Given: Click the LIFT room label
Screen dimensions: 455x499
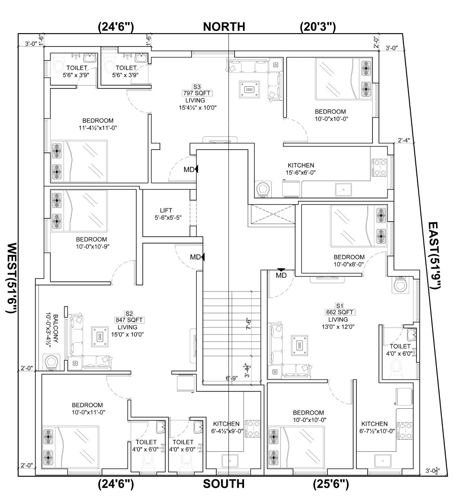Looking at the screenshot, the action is [166, 210].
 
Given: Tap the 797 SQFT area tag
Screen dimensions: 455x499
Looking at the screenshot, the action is [197, 93].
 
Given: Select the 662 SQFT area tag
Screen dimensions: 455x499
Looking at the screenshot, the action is [339, 312].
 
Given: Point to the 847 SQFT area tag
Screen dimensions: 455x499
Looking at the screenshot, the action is [129, 320].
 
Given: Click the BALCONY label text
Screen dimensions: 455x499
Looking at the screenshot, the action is [56, 329].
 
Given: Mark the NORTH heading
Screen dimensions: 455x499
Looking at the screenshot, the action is [224, 27].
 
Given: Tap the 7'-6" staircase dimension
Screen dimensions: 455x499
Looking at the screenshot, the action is [248, 324].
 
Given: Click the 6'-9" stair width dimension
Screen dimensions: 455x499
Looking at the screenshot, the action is [232, 378].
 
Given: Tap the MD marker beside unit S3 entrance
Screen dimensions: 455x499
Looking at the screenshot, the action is [189, 170].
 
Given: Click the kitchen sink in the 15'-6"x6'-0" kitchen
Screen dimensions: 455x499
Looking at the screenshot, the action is [343, 190].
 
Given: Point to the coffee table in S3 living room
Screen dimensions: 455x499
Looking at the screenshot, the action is [250, 89].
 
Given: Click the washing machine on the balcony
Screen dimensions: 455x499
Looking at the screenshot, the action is [51, 362].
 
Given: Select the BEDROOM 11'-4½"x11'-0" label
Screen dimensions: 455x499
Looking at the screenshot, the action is [98, 124].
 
